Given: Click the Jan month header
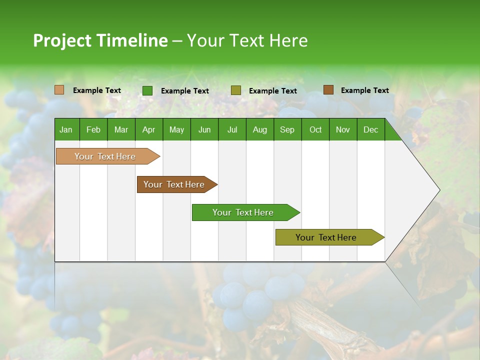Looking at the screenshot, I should click(66, 129).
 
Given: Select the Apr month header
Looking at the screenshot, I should click(148, 129).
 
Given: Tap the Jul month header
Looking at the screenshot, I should click(232, 129).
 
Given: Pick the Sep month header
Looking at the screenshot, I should click(287, 129).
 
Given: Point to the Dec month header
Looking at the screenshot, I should click(370, 129).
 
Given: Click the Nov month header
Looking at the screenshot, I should click(342, 129).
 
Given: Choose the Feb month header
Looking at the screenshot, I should click(93, 129).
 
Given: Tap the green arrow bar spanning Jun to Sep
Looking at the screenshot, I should click(243, 212).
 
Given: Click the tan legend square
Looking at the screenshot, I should click(59, 90).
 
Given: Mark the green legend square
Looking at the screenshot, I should click(147, 90).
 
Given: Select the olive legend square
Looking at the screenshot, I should click(236, 90).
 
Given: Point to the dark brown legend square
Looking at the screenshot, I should click(328, 90).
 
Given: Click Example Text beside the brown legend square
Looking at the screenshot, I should click(364, 90).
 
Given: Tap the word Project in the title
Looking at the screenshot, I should click(62, 40).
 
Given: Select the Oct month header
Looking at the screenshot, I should click(315, 129).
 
